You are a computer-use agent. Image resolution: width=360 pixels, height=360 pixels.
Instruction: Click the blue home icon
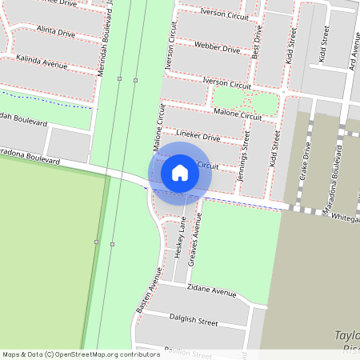[x=180, y=173]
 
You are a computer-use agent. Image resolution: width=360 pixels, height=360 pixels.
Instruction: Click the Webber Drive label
[x=218, y=48]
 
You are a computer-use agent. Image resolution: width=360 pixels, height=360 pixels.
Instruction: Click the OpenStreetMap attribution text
[x=80, y=354]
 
